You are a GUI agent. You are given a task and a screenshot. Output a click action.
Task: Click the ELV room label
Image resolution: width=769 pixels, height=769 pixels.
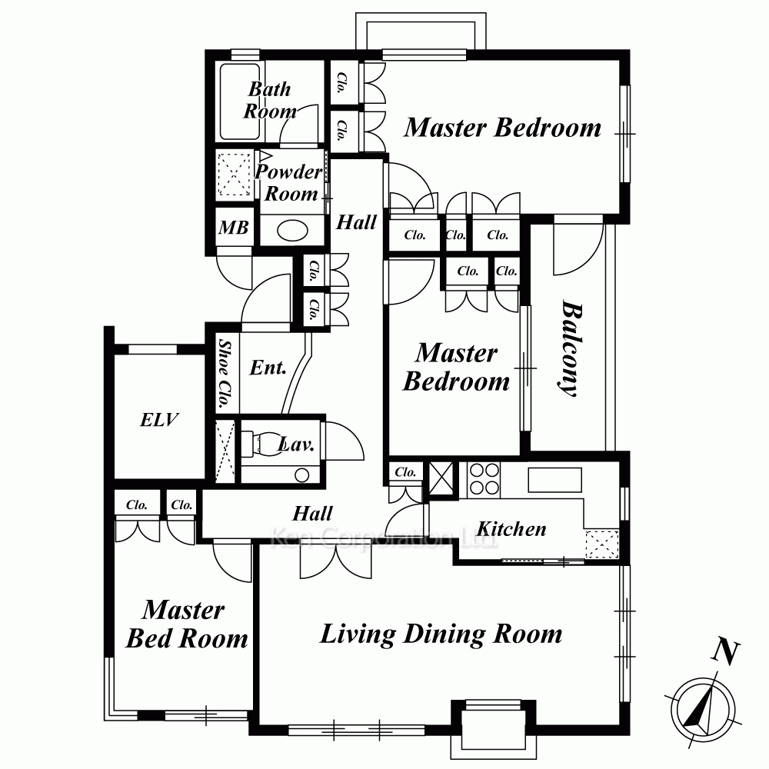[159, 420]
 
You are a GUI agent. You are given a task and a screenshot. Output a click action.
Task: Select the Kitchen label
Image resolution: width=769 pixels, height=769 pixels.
[511, 529]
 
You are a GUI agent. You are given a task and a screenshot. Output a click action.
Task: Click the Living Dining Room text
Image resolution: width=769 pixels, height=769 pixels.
[441, 634]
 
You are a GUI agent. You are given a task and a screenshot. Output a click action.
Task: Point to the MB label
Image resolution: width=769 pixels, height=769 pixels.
[234, 228]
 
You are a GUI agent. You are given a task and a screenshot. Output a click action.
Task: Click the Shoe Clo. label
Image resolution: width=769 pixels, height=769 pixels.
[225, 374]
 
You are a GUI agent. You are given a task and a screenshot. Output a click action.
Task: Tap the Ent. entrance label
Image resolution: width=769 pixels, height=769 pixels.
[268, 368]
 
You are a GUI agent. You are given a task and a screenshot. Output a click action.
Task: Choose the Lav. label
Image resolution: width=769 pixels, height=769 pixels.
[296, 444]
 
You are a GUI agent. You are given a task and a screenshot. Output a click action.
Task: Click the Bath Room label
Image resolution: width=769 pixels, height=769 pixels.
[270, 100]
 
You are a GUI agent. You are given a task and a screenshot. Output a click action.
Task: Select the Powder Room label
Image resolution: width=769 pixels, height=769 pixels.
[289, 182]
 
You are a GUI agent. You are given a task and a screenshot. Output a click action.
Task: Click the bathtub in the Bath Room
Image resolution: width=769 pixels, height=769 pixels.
[240, 102]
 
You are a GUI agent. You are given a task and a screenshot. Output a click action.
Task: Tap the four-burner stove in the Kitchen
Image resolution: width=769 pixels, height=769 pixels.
[484, 479]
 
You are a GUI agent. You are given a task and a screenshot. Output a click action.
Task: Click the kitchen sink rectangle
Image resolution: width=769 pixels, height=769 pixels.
[554, 480]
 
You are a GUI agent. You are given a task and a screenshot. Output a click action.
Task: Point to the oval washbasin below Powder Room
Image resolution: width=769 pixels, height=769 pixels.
[293, 230]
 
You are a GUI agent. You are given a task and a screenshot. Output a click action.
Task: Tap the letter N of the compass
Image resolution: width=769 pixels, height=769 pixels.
[726, 652]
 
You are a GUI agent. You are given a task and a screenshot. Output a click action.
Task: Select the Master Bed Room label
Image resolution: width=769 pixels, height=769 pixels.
[187, 624]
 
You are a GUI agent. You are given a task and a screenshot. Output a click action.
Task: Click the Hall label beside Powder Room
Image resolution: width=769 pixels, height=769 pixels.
[357, 222]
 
